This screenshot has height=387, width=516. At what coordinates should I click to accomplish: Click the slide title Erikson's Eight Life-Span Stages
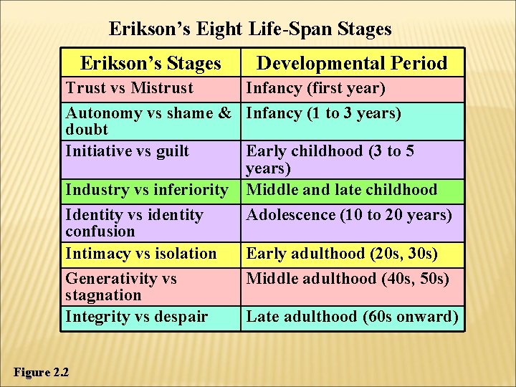pos(250,29)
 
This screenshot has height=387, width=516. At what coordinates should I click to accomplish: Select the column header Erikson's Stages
pos(150,63)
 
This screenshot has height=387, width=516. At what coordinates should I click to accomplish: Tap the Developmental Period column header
pos(352,63)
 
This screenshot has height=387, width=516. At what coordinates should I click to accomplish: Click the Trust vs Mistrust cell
pos(130,88)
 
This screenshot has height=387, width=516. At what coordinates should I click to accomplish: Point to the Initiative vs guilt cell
pos(128,151)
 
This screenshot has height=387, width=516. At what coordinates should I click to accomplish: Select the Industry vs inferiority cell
pos(146,190)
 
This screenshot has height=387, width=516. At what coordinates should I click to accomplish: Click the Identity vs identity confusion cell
pos(135,222)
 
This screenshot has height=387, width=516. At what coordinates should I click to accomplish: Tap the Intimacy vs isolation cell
pos(141,254)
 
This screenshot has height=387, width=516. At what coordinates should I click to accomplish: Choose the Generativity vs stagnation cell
pos(121,286)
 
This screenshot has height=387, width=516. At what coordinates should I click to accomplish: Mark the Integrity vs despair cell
pos(137,317)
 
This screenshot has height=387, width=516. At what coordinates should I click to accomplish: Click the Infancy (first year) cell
pos(316,88)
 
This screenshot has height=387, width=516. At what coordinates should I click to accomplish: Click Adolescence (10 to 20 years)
pos(349,215)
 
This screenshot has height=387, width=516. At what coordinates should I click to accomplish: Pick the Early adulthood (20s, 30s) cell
pos(342,254)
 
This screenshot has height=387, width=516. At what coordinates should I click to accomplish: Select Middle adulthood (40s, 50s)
pos(348,278)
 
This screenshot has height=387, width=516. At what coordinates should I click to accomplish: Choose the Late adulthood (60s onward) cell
pos(352,317)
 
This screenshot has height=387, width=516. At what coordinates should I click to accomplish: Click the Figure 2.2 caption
pos(42,372)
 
